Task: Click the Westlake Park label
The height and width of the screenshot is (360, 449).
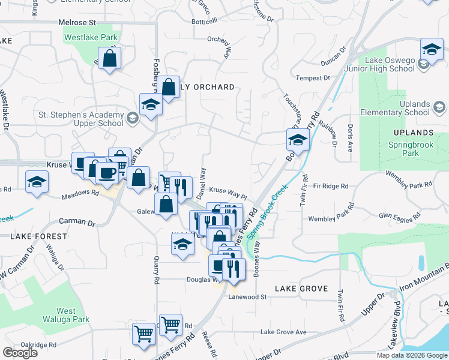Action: (91, 37)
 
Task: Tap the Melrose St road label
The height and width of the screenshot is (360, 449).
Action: (77, 22)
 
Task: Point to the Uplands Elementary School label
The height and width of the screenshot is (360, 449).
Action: (394, 108)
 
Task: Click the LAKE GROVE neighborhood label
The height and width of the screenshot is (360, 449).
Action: (301, 289)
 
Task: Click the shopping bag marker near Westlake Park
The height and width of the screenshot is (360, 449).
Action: (110, 58)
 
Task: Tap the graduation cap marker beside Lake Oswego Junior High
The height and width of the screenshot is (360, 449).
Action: (431, 49)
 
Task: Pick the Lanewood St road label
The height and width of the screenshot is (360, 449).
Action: (247, 296)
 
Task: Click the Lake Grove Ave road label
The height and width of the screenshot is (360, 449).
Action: (283, 332)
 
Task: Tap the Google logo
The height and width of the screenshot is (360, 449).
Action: (20, 353)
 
